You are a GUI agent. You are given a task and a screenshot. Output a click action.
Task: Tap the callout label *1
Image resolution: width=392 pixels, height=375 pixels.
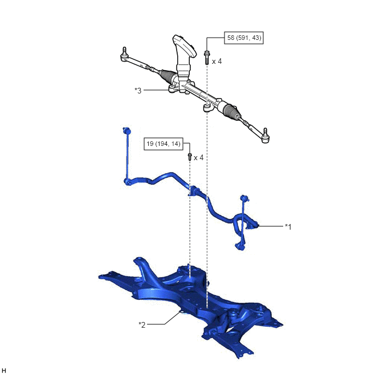(288, 227)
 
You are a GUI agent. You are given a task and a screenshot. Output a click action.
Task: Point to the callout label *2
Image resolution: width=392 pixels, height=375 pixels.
(142, 325)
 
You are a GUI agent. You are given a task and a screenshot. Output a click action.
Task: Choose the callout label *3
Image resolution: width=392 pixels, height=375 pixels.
(138, 91)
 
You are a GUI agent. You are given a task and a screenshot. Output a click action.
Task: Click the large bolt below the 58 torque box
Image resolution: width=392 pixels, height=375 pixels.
(207, 58)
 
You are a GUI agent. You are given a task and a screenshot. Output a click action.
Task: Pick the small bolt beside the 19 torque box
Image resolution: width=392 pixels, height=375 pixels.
(190, 157)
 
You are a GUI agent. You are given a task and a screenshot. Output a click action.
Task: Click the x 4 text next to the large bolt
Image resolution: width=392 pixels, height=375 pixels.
(217, 61)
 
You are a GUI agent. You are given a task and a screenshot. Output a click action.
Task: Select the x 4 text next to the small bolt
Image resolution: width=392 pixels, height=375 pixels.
(199, 157)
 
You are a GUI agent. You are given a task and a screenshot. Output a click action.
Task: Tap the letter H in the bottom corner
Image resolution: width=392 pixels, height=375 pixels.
(3, 370)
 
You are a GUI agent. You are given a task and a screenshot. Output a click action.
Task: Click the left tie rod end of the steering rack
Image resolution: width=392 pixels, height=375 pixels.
(125, 55)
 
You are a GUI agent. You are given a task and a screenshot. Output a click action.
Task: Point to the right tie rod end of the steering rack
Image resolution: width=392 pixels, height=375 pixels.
(265, 136)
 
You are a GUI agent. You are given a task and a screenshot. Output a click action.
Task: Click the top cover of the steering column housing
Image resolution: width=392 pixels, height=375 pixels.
(183, 45)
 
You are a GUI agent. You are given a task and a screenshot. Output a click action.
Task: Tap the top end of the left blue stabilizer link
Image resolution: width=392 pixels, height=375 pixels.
(126, 131)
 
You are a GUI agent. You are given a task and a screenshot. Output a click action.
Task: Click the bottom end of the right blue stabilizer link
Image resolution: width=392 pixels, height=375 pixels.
(240, 247)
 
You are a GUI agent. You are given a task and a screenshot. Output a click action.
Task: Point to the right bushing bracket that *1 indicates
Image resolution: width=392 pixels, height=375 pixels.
(252, 224)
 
